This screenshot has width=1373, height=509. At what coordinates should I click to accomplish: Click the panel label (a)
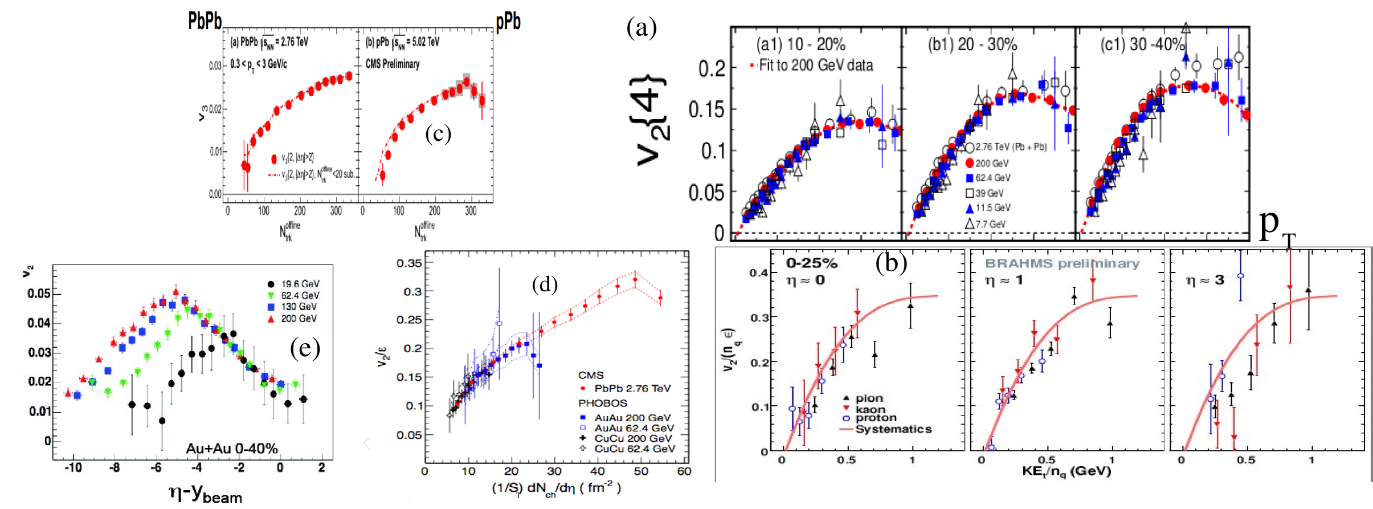(x=641, y=27)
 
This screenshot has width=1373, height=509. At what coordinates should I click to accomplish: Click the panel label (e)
(x=305, y=347)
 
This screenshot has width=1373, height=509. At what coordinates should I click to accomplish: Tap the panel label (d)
(x=544, y=283)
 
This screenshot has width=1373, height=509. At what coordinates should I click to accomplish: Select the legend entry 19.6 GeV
(x=300, y=284)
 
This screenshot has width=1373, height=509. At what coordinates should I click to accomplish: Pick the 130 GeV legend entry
(x=299, y=307)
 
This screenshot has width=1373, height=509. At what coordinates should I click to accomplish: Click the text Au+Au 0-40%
(x=232, y=449)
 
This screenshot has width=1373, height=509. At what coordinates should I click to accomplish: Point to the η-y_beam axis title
(x=206, y=493)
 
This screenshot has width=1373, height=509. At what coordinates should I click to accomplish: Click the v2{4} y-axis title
(x=651, y=120)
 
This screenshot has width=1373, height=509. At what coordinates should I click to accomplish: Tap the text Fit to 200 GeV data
(x=815, y=65)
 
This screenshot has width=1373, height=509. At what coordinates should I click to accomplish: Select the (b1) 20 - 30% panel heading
(x=972, y=44)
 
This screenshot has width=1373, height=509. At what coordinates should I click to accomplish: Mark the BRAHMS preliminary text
(x=1062, y=263)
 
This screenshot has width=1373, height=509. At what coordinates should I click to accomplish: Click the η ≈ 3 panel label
(x=1204, y=280)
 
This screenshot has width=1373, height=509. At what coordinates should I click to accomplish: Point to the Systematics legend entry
(x=893, y=429)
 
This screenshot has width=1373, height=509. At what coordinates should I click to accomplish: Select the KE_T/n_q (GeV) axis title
(x=1066, y=471)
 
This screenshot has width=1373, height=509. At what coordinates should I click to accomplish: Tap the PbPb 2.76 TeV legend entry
(x=632, y=388)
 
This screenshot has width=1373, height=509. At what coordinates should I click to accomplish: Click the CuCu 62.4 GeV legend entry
(x=634, y=449)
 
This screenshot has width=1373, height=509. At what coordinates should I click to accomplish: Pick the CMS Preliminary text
(x=393, y=64)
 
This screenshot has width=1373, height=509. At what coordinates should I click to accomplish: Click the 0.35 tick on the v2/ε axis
(x=409, y=263)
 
